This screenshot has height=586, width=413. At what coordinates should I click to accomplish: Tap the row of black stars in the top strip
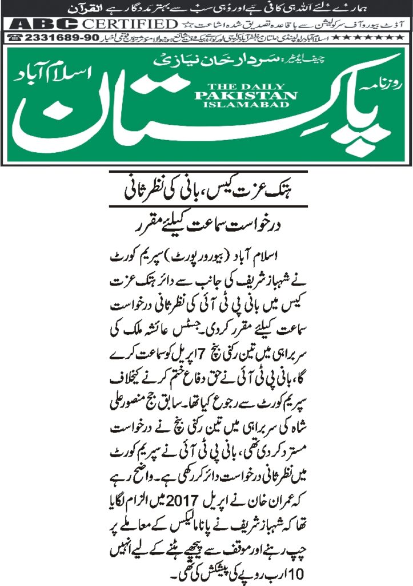click(x=372, y=37)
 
